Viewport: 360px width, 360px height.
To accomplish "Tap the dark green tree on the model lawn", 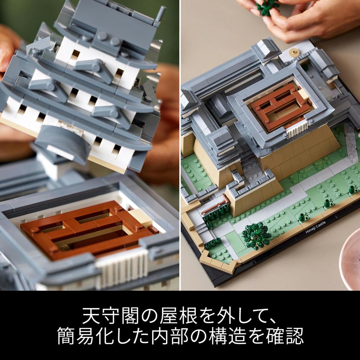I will point(257,235).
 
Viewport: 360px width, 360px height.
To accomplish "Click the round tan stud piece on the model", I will point(294,53).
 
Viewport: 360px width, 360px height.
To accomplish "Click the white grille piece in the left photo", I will point(121,267).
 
